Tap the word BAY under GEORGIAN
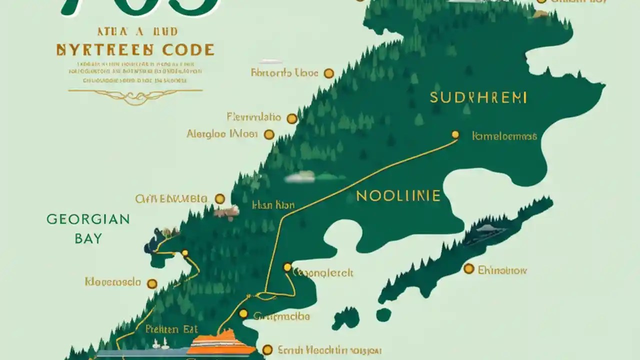click(x=88, y=238)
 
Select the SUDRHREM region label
click(x=478, y=97)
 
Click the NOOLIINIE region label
click(x=398, y=195)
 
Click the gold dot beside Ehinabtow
click(x=468, y=269)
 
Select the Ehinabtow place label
click(x=502, y=270)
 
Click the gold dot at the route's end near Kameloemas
click(x=455, y=134)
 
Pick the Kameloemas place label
click(x=504, y=136)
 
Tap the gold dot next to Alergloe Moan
click(x=269, y=134)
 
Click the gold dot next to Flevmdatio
click(x=292, y=118)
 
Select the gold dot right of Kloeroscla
click(x=152, y=284)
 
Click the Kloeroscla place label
click(x=112, y=282)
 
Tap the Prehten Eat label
click(x=171, y=329)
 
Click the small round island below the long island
click(x=383, y=314)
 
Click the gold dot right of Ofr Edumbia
click(x=219, y=199)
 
